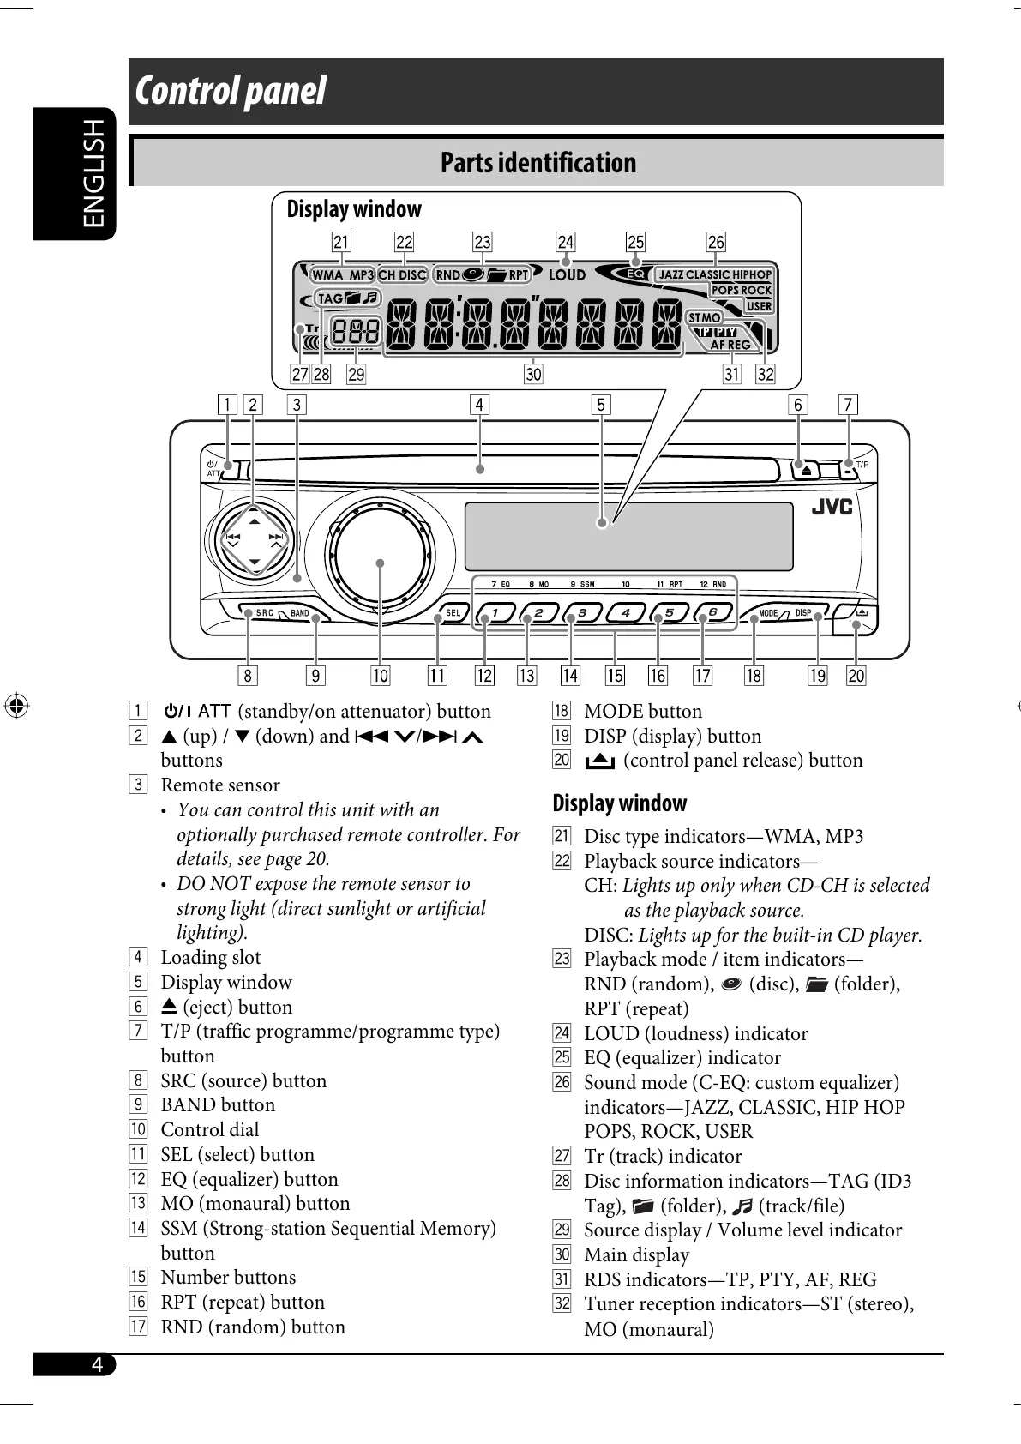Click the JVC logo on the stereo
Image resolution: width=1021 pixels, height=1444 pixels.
coord(832,507)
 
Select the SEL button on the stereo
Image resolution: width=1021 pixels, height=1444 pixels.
coord(452,613)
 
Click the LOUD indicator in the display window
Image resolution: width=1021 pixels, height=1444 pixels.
coord(567,275)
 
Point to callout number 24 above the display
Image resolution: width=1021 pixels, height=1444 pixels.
coord(565,243)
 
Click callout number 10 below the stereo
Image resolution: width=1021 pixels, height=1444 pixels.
coord(380,676)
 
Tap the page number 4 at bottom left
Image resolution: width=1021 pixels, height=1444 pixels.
coord(97,1364)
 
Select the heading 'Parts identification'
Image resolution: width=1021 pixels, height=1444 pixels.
coord(538,163)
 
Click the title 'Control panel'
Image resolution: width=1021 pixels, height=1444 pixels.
coord(231,91)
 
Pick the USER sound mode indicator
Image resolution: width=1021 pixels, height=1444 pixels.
coord(759,306)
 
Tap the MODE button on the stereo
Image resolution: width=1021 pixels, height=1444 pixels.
coord(767,613)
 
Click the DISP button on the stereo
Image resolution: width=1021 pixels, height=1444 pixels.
coord(803,613)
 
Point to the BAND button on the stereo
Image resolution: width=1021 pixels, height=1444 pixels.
coord(300,613)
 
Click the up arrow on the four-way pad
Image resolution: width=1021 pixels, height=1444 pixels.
coord(254,521)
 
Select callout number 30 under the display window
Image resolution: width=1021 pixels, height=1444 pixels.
coord(533,375)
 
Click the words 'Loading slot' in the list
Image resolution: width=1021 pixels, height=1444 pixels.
coord(210,958)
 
